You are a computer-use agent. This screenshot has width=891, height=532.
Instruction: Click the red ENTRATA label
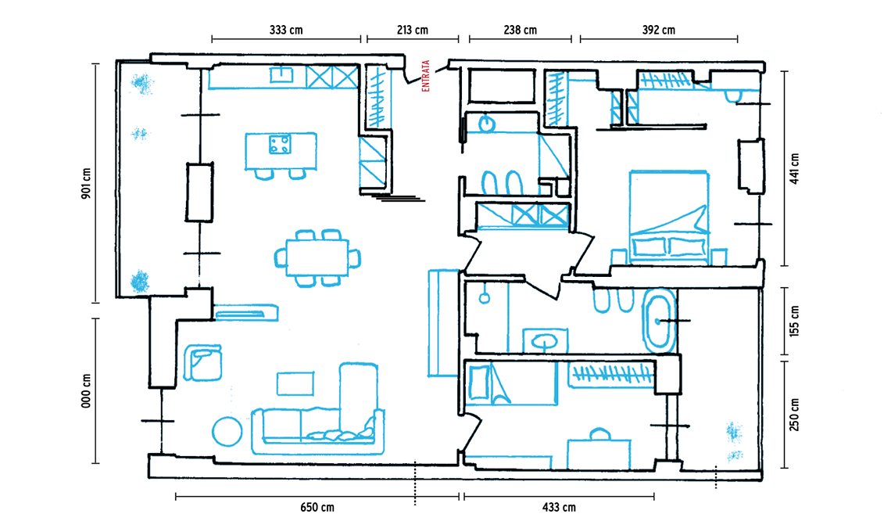(x=426, y=76)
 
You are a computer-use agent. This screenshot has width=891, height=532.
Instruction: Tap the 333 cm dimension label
(x=286, y=31)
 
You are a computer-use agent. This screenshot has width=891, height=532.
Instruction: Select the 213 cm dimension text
(x=413, y=31)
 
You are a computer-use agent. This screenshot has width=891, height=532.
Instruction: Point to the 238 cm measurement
(x=520, y=31)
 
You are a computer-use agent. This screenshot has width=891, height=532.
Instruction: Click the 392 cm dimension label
(x=659, y=31)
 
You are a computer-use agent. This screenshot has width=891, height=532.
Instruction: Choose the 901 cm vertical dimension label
(x=87, y=184)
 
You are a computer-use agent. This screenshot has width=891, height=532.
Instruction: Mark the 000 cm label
(x=87, y=391)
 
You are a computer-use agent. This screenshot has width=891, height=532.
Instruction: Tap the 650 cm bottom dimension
(x=317, y=507)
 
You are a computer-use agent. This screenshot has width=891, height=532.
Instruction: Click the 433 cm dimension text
(x=559, y=507)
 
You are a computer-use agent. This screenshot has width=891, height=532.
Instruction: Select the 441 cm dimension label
(x=794, y=168)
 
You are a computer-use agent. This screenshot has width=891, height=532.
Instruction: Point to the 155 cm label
(x=794, y=321)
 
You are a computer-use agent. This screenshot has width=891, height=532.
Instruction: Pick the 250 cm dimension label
(x=794, y=415)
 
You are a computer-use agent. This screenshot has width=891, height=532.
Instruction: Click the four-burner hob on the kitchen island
(x=280, y=144)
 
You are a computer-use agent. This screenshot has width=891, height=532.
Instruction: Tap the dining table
(x=317, y=257)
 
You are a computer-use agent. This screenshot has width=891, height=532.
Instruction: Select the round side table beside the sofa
(x=227, y=432)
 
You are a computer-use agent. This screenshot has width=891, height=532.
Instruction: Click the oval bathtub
(x=659, y=322)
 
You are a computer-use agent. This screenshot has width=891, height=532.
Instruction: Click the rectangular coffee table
(x=295, y=383)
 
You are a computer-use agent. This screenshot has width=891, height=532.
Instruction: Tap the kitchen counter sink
(x=281, y=74)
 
